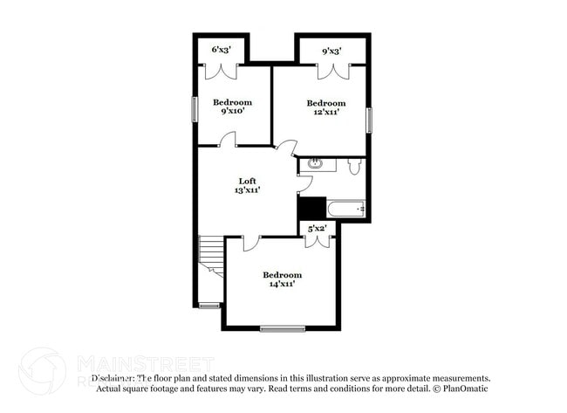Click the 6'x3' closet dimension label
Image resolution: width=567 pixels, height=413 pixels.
(x=221, y=52)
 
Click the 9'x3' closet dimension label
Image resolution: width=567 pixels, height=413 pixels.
(x=331, y=52)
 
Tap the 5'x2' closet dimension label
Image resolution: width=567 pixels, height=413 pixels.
(x=317, y=229)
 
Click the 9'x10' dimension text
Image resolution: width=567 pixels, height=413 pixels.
(x=233, y=111)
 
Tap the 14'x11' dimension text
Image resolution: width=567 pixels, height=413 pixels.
(x=282, y=283)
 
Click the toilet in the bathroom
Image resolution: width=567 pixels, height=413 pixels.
(x=355, y=166)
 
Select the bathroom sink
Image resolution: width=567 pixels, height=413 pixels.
(x=316, y=163)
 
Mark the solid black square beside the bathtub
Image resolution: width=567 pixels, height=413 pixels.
(x=311, y=209)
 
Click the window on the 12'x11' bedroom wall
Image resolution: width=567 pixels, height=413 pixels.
(x=369, y=120)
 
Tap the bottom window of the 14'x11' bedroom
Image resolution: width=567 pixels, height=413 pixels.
(x=282, y=328)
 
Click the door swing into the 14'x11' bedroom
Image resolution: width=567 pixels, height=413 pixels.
(x=250, y=244)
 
